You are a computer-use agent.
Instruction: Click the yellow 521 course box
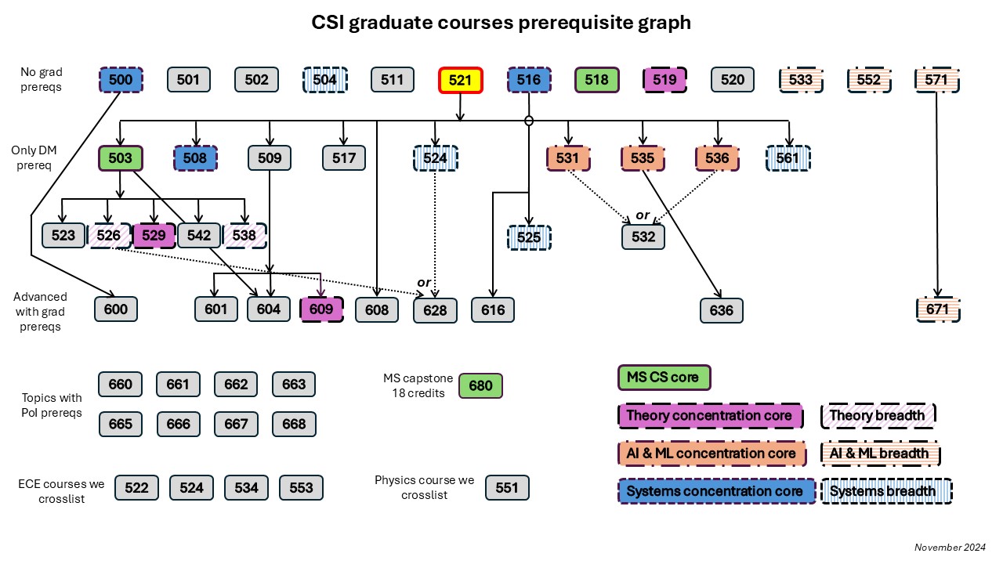460,80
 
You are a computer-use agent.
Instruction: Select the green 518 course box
596,80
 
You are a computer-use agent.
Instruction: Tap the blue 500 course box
121,80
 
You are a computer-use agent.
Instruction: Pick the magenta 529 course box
154,235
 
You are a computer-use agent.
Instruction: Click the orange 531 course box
567,158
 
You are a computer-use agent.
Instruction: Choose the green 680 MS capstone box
480,385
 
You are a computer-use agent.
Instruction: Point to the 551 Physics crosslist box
507,487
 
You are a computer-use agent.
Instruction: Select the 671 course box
937,309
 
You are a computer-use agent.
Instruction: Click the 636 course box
722,310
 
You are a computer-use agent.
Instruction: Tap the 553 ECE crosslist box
301,487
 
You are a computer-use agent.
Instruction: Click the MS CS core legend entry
663,378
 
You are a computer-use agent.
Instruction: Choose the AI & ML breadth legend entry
878,453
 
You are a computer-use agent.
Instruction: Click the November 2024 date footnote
950,547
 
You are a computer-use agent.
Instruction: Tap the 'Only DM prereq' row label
34,157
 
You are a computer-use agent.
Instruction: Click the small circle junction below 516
529,121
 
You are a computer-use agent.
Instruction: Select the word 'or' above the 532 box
643,215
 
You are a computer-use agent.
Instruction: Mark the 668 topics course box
294,424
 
